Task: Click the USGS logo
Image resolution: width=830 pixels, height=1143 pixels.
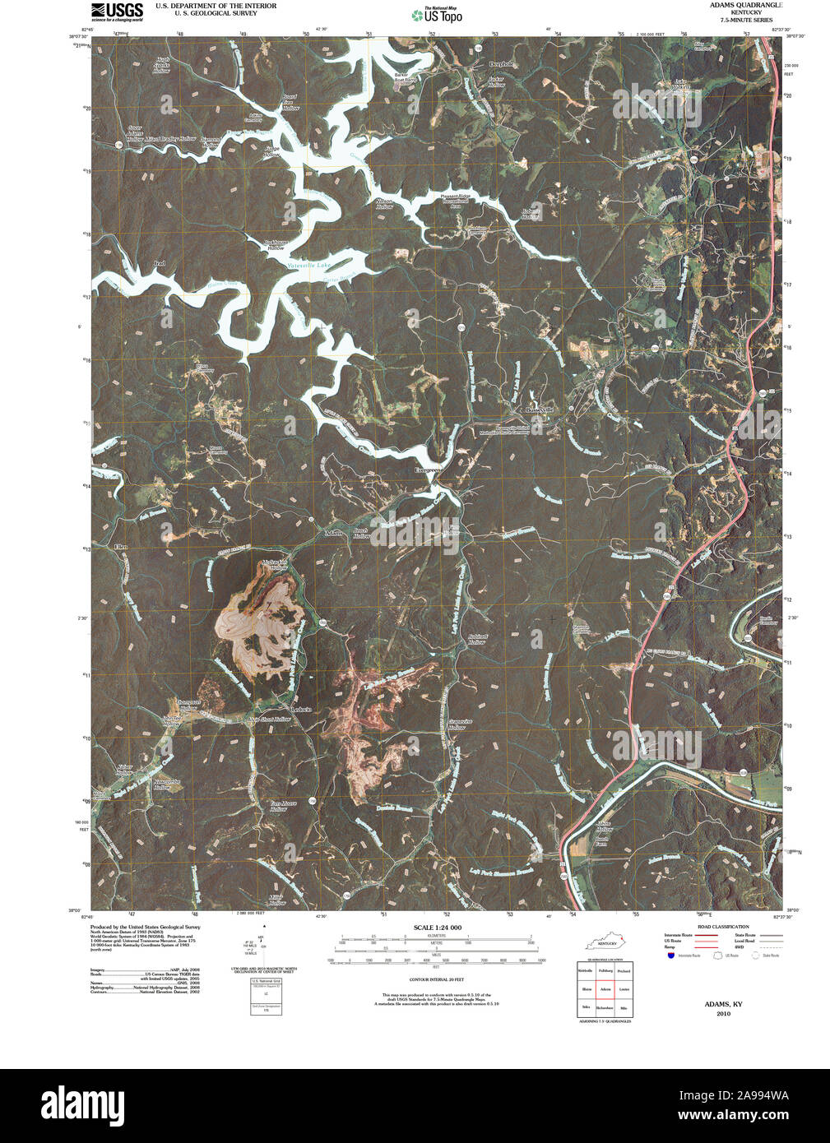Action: point(116,11)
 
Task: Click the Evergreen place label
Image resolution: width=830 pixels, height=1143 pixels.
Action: point(429,470)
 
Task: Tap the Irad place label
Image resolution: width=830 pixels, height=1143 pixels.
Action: point(160,263)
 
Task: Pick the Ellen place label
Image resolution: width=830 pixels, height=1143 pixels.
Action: point(121,547)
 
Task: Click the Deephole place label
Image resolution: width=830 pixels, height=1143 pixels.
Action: point(501,64)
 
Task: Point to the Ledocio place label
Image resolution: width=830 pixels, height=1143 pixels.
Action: point(301,709)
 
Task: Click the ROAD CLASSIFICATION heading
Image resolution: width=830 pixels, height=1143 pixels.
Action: point(723,927)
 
